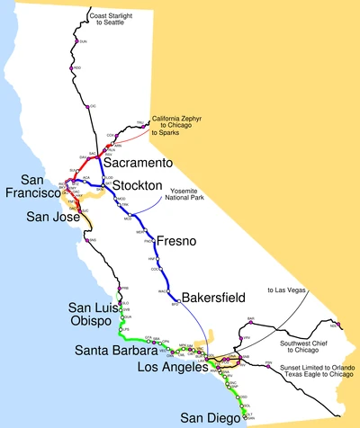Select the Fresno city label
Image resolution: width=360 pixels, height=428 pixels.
pyautogui.click(x=176, y=240)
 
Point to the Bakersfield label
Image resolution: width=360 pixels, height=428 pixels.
pyautogui.click(x=212, y=296)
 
